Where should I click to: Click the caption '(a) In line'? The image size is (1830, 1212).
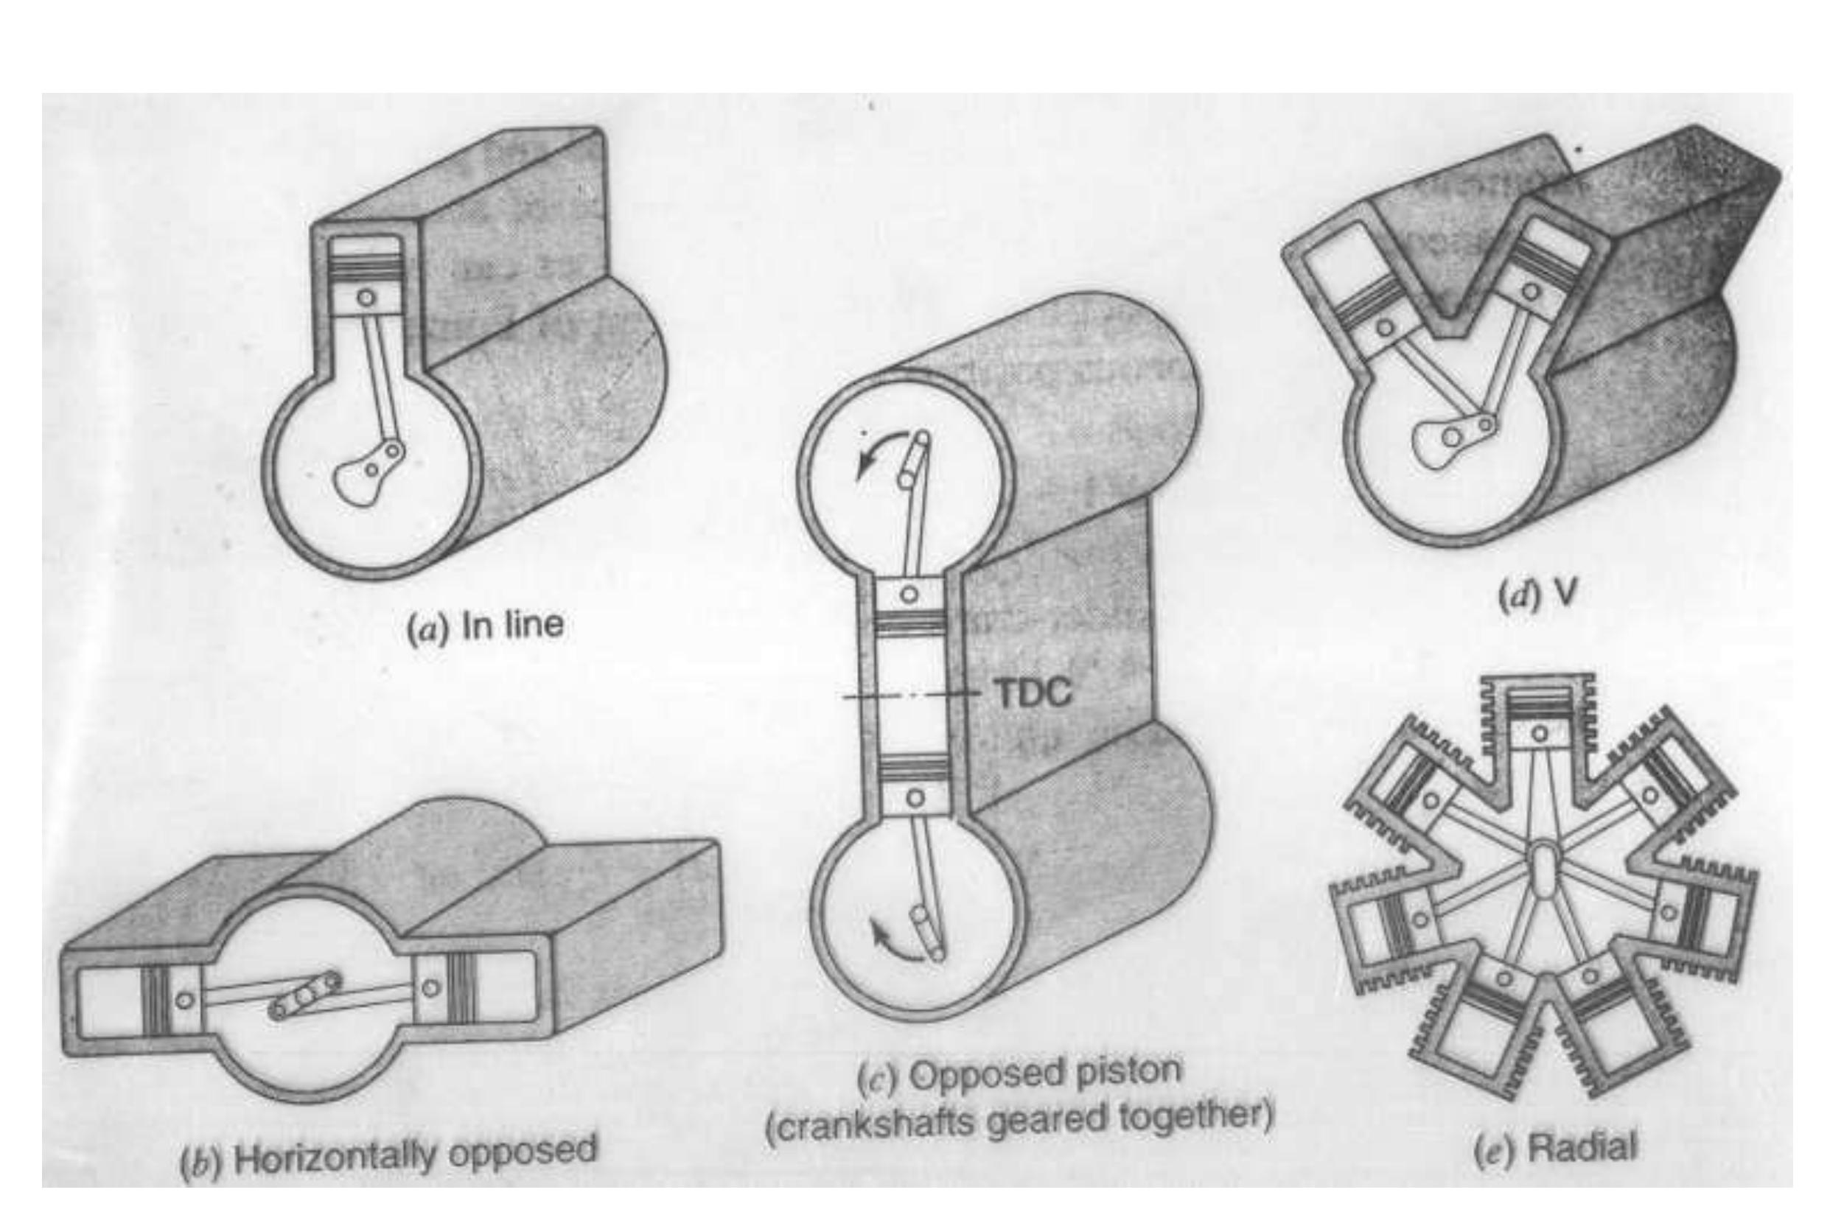tap(486, 626)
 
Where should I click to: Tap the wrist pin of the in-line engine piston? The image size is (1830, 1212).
tap(366, 297)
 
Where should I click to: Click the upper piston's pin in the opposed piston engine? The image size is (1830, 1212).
tap(909, 594)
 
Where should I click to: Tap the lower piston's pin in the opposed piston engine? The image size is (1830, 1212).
tap(915, 797)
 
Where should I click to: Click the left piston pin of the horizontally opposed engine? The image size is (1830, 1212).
tap(184, 999)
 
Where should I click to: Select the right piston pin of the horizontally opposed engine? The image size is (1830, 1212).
tap(430, 987)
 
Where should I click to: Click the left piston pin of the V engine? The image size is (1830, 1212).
tap(1386, 327)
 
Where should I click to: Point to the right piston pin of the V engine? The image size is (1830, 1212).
tap(1530, 292)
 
